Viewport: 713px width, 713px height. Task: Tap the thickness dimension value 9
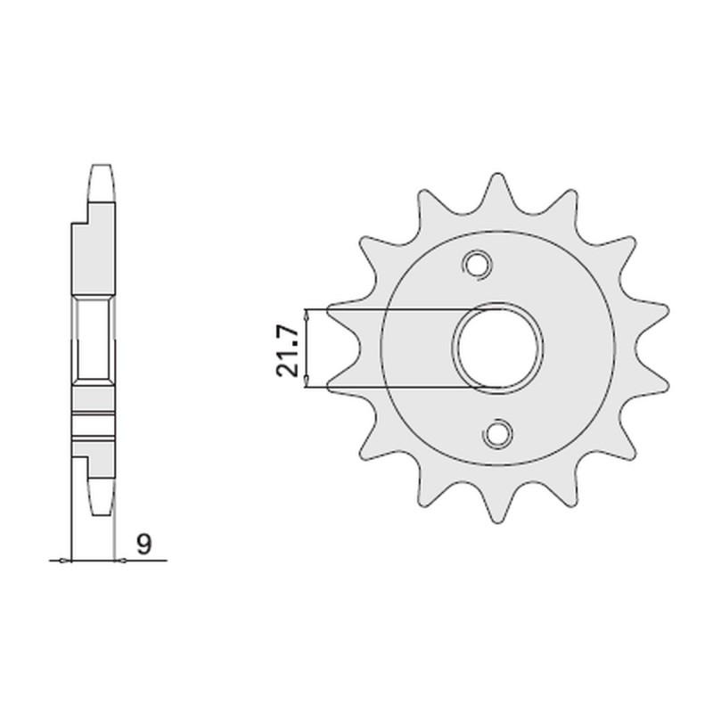[x=142, y=542]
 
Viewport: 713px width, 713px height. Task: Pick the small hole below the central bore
[x=496, y=433]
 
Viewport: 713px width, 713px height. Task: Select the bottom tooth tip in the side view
[x=101, y=504]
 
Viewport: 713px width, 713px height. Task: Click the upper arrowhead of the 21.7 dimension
[x=307, y=315]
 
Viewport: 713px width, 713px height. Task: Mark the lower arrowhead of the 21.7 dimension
[x=307, y=382]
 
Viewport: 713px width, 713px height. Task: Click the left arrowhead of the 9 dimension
[x=64, y=561]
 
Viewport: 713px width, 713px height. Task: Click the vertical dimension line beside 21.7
[x=307, y=348]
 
